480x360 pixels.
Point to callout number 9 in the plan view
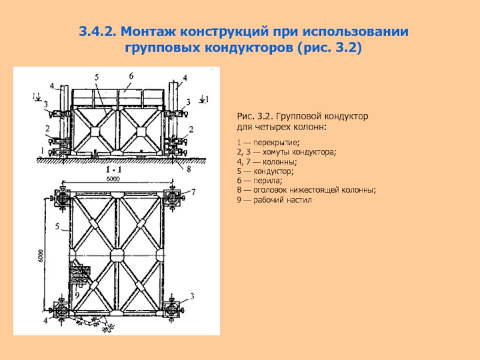coord(77,295)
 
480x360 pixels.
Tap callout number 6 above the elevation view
coord(130,75)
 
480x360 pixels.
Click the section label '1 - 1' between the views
coord(115,170)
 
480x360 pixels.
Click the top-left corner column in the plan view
coord(62,197)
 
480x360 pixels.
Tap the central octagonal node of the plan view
coord(117,254)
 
